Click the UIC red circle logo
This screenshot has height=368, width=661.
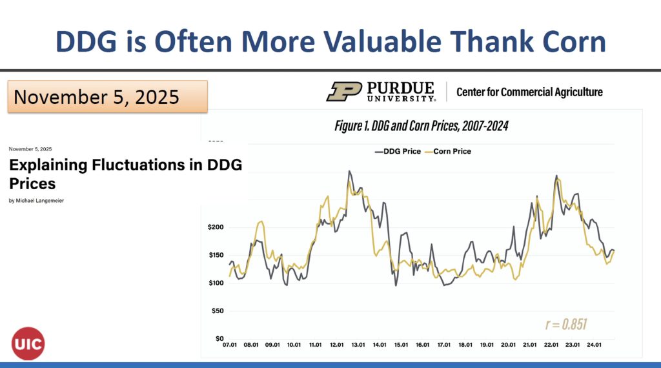tap(28, 343)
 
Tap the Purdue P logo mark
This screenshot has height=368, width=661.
tap(343, 91)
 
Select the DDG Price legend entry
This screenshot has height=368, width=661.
tap(398, 152)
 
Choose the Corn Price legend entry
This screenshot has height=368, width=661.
tap(449, 152)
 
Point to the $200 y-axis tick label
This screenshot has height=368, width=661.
tap(216, 227)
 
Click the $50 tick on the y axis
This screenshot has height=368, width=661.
tap(218, 311)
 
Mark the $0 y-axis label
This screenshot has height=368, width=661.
tap(219, 338)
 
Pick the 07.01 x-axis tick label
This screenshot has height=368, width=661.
tap(230, 345)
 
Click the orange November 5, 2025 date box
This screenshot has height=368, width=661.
tap(107, 97)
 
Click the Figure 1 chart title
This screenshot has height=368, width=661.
tap(421, 126)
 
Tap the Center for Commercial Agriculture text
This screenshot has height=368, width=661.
tap(529, 92)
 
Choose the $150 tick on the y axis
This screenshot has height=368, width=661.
tap(216, 255)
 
